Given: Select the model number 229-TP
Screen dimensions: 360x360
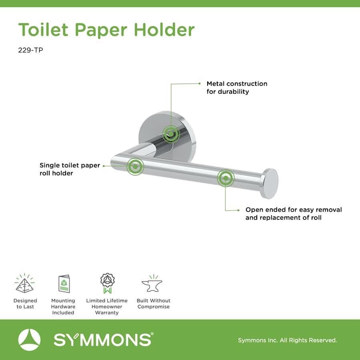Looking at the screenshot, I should click(x=30, y=51).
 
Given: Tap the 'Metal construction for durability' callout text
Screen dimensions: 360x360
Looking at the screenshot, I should click(x=236, y=88).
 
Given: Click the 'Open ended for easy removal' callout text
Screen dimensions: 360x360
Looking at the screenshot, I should click(x=294, y=214).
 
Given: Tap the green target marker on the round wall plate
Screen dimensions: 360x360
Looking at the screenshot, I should click(x=171, y=134).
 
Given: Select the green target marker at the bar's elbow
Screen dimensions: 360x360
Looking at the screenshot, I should click(x=135, y=166).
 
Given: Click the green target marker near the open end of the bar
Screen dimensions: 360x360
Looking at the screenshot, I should click(x=226, y=178).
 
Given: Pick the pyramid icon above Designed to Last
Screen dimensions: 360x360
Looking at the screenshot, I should click(x=25, y=283).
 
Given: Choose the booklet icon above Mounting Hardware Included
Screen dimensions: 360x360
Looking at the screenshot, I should click(x=64, y=284).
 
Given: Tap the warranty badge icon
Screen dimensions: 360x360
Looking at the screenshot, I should click(x=107, y=283).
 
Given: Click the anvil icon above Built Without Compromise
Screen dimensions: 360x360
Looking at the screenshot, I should click(x=153, y=284).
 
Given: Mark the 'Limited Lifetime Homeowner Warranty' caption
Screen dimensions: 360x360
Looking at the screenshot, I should click(x=107, y=307).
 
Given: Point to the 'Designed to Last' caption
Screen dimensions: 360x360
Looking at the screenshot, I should click(x=25, y=304).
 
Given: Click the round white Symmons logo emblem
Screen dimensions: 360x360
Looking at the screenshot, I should click(x=29, y=340).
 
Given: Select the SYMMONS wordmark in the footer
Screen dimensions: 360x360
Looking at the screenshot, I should click(x=103, y=340).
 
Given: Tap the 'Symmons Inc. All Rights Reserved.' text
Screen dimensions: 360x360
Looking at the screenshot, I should click(x=287, y=340).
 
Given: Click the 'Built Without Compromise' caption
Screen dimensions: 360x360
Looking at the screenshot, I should click(x=153, y=304).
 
